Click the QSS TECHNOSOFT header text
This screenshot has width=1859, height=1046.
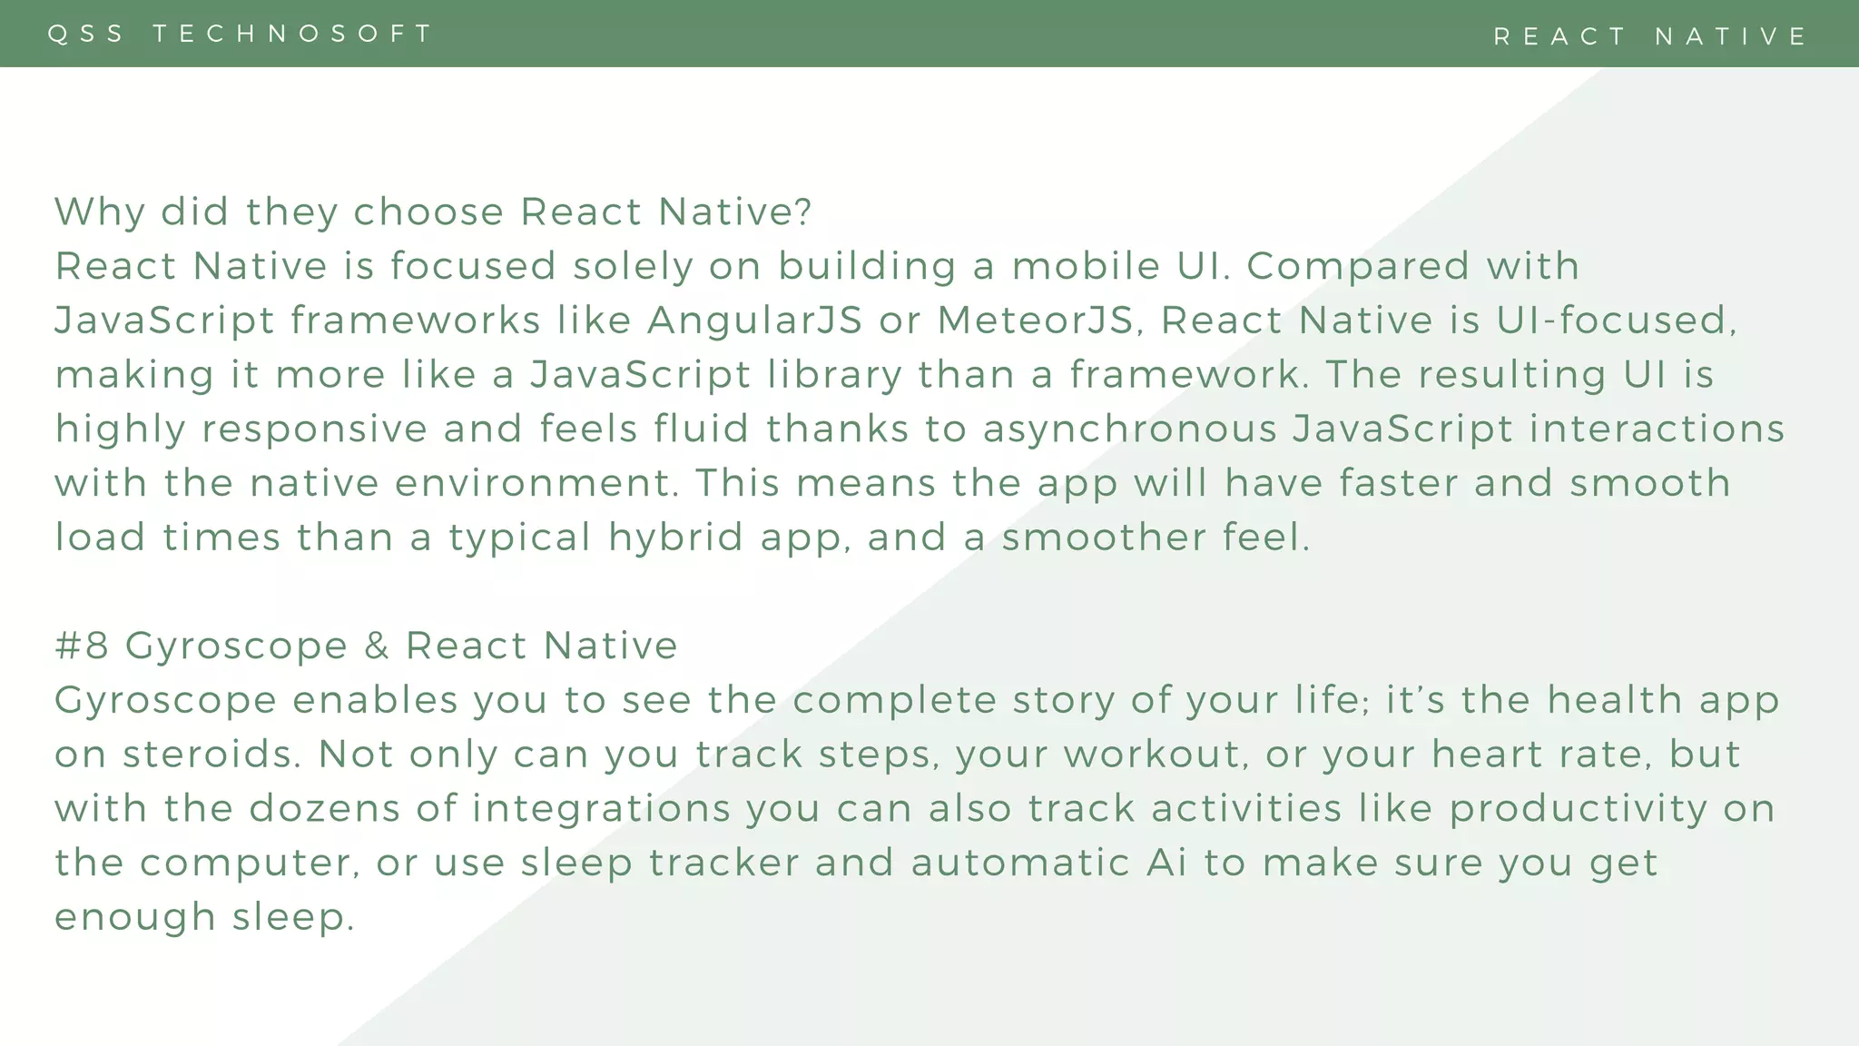click(x=241, y=34)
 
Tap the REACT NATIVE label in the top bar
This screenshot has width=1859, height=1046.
click(x=1650, y=36)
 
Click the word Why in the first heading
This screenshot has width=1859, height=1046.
click(x=99, y=212)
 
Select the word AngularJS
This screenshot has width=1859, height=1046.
click(x=754, y=321)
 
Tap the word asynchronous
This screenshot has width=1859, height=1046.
click(x=1130, y=429)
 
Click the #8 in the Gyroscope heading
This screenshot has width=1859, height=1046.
click(x=82, y=646)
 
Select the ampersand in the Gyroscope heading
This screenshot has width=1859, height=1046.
click(x=377, y=646)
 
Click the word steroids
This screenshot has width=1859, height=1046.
click(x=211, y=755)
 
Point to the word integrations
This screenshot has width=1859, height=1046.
click(x=601, y=809)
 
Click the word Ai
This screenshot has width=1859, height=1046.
click(x=1166, y=863)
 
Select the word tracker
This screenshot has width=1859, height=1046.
click(x=723, y=863)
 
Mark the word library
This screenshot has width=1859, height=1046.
click(x=834, y=375)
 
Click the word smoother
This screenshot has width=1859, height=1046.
click(x=1104, y=538)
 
